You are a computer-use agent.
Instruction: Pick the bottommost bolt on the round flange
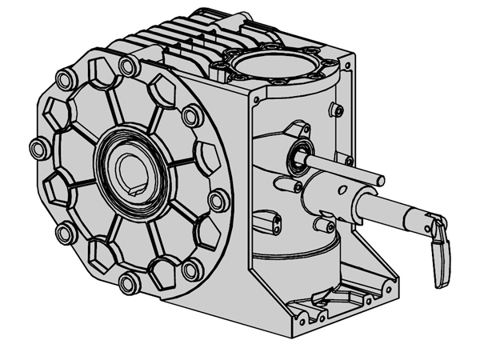[126, 282]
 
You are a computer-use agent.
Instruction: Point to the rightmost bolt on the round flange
[215, 200]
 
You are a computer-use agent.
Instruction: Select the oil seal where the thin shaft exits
[301, 154]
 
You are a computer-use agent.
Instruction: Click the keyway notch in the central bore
[134, 190]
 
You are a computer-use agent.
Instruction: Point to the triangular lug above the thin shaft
[298, 127]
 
